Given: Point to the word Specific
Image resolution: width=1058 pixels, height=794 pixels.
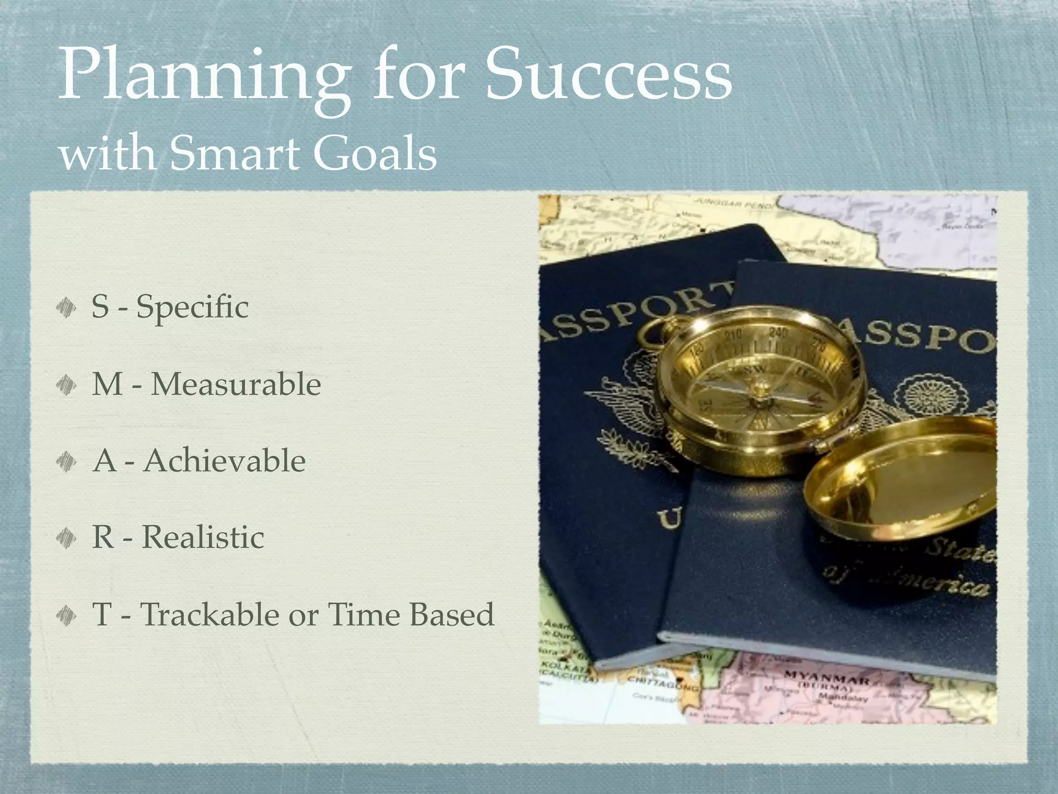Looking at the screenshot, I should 192,308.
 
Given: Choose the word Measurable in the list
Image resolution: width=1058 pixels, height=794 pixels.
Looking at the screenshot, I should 236,385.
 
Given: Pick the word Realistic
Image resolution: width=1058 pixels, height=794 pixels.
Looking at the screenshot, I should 203,537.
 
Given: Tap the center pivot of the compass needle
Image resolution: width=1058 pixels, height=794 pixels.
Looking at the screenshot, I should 758,387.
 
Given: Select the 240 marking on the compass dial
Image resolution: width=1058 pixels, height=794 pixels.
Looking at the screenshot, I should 778,332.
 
